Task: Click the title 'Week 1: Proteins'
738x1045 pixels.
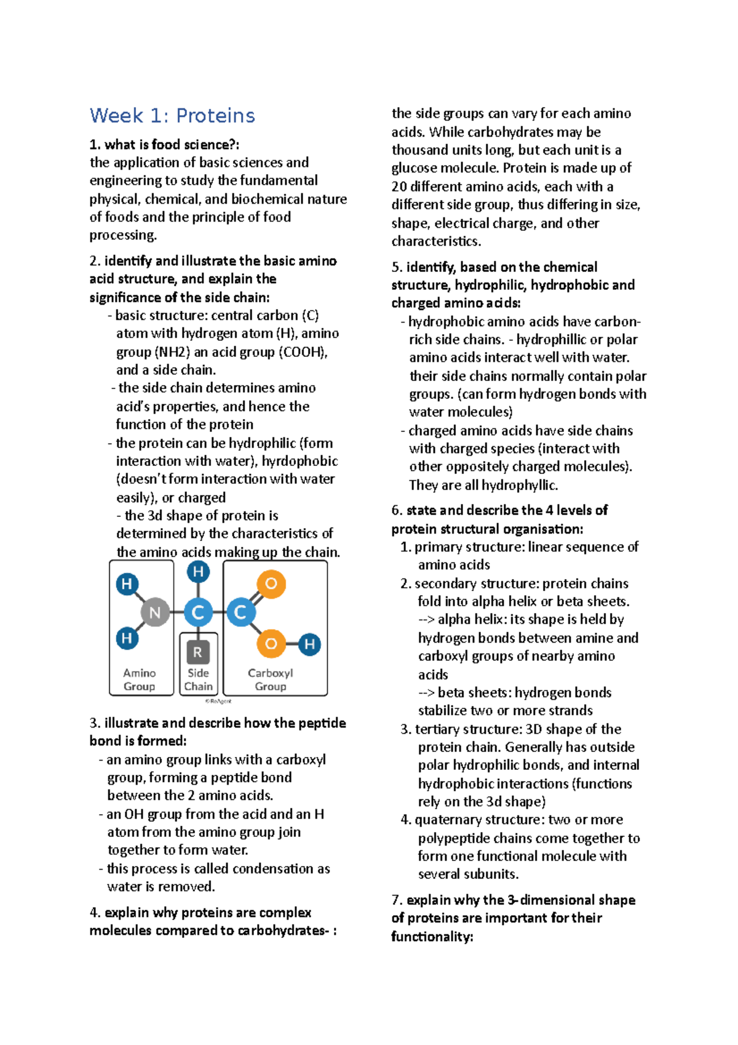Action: [x=172, y=116]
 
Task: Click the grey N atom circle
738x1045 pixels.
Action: [x=155, y=613]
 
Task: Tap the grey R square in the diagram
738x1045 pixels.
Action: [x=197, y=652]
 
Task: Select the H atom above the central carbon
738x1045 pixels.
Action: [x=198, y=572]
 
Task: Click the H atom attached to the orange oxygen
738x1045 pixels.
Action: [x=310, y=644]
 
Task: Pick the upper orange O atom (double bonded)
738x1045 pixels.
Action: [x=271, y=583]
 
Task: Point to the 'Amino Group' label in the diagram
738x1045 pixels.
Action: [x=140, y=679]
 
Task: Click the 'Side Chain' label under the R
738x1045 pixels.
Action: [x=198, y=679]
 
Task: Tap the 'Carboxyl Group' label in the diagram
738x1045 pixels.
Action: [x=271, y=679]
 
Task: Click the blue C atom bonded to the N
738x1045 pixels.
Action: [x=198, y=612]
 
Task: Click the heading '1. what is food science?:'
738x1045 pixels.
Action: [x=164, y=145]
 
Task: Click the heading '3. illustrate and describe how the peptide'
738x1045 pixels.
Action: [x=218, y=723]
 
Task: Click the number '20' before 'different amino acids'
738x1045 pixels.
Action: [x=400, y=186]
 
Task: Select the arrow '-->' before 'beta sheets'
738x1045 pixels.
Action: [x=426, y=693]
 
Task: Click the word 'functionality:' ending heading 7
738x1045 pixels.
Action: [x=432, y=937]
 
